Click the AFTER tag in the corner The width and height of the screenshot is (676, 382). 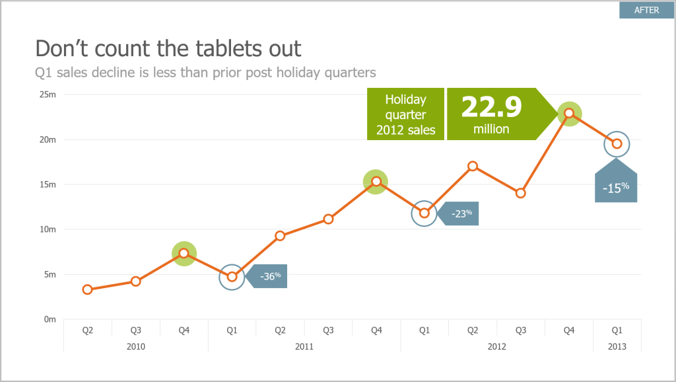[x=646, y=10]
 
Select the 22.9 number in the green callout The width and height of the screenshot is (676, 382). [x=491, y=107]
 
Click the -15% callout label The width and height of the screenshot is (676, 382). [x=615, y=188]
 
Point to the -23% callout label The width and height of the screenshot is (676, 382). [x=462, y=213]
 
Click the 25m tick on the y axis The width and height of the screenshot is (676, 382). [x=48, y=95]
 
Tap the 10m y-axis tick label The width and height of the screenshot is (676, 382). [x=48, y=229]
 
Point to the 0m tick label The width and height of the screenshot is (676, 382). [x=50, y=319]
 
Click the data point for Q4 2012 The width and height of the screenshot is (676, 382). [x=569, y=113]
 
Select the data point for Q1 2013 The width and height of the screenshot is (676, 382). [x=617, y=143]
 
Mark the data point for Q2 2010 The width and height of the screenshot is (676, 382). [x=87, y=289]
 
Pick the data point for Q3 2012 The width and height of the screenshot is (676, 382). [x=520, y=193]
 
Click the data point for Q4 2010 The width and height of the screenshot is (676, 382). [x=184, y=253]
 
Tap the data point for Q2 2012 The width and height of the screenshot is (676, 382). [x=473, y=166]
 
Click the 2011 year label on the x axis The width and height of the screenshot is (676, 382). [x=304, y=346]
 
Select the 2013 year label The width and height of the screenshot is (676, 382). [x=617, y=346]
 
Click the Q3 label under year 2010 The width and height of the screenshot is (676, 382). [x=135, y=329]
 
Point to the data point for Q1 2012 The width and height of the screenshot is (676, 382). [x=424, y=213]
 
